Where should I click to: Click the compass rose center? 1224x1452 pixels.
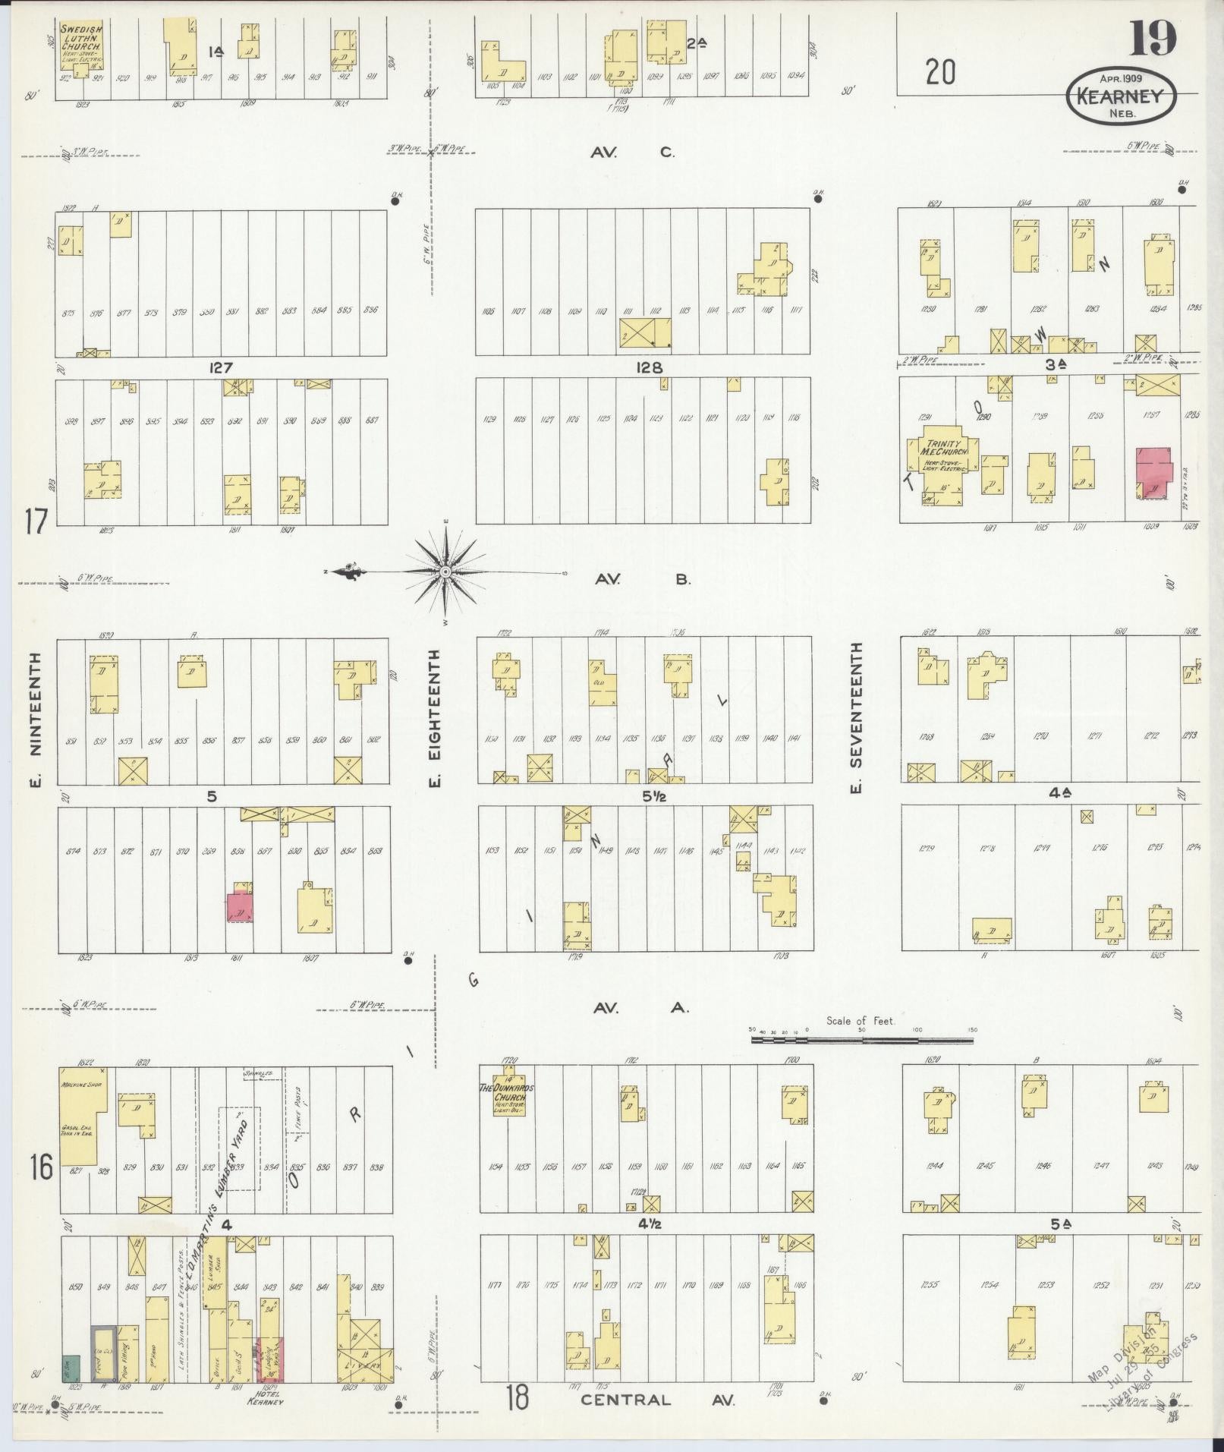point(445,571)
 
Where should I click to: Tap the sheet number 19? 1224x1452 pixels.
point(1151,39)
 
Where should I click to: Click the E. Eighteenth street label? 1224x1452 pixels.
point(436,718)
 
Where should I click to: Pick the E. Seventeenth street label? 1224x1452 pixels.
point(856,718)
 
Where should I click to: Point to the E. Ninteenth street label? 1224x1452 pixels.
point(34,718)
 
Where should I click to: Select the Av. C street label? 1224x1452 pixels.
point(633,153)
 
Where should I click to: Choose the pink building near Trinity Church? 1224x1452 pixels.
point(1153,472)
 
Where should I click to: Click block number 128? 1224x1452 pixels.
point(650,367)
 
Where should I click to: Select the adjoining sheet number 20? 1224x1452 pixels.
point(939,73)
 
